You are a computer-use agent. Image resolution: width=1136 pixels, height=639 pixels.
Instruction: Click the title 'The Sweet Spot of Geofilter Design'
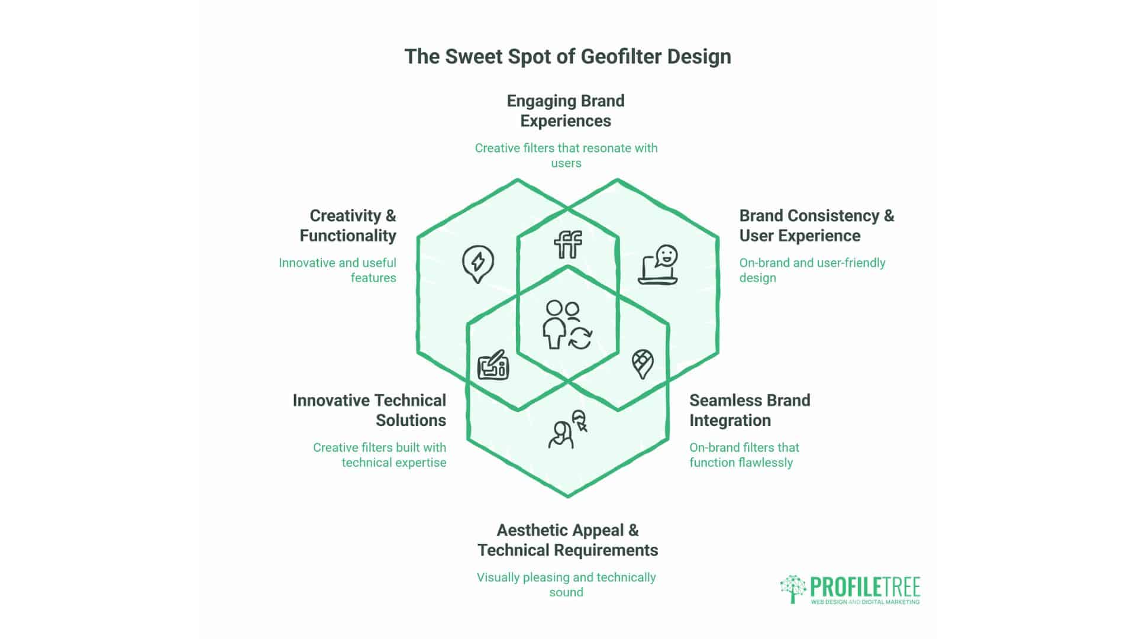click(x=567, y=57)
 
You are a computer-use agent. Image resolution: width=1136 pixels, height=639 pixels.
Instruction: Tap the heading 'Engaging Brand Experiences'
click(x=566, y=111)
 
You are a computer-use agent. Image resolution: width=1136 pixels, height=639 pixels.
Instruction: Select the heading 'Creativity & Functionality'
click(x=348, y=225)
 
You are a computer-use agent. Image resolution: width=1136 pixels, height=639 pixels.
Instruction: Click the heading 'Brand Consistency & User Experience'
click(x=816, y=225)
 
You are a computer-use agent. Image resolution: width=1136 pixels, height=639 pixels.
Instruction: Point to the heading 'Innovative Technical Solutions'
click(x=369, y=410)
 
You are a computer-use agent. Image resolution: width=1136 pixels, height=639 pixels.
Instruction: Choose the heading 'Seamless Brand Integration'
click(x=750, y=410)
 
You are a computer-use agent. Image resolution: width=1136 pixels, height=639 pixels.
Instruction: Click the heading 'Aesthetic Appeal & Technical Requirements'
click(x=567, y=540)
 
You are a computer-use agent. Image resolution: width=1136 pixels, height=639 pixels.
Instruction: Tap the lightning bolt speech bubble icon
click(x=478, y=264)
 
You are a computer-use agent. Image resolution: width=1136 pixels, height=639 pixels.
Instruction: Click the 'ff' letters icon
click(x=568, y=244)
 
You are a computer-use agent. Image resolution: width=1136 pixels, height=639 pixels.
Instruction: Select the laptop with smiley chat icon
click(x=658, y=264)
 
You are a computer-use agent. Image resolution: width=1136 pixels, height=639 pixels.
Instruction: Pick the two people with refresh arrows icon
click(x=567, y=325)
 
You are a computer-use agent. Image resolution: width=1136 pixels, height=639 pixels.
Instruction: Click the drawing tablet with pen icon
click(x=493, y=364)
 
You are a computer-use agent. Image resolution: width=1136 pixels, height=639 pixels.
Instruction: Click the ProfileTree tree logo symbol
click(x=793, y=589)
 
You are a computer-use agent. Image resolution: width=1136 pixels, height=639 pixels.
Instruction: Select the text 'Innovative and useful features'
click(x=338, y=270)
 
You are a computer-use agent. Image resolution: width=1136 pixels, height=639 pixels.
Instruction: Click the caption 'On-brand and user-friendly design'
click(x=812, y=270)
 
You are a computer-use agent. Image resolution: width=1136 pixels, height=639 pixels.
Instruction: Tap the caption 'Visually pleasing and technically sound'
click(x=566, y=585)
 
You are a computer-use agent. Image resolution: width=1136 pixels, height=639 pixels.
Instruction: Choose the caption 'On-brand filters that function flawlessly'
click(x=744, y=455)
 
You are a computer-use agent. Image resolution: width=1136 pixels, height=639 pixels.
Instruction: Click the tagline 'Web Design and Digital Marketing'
click(x=865, y=602)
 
